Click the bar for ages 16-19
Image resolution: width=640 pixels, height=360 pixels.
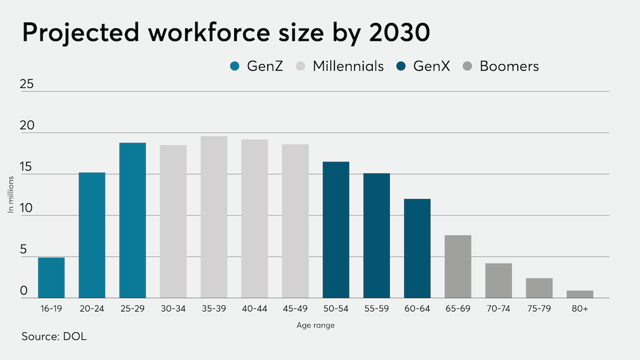point(51,277)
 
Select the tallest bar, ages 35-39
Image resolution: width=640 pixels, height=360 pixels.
point(214,217)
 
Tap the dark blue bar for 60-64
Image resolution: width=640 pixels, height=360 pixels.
point(417,248)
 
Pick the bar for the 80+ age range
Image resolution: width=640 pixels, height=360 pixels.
point(580,294)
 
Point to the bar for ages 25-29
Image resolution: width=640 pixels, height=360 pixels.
point(133,220)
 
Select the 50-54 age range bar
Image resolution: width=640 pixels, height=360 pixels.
point(336,229)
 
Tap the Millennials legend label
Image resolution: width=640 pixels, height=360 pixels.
point(348,66)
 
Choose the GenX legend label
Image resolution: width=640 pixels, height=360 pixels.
point(431,66)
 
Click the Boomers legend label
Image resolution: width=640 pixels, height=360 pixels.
point(509,66)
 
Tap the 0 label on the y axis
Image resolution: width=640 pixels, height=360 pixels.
point(23,291)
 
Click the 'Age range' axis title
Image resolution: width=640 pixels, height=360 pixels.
point(316,325)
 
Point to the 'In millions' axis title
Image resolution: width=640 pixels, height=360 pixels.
point(11,195)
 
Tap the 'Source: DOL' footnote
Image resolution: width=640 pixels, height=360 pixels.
point(54,337)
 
